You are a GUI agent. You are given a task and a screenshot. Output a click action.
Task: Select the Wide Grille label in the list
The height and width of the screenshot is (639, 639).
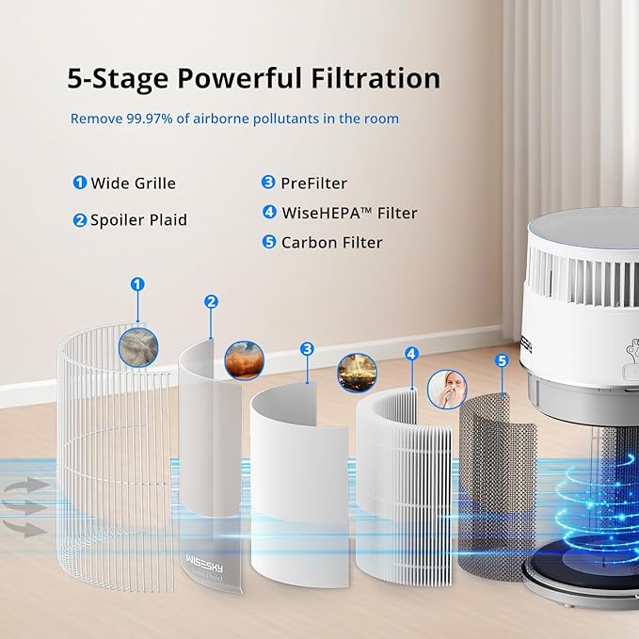(133, 184)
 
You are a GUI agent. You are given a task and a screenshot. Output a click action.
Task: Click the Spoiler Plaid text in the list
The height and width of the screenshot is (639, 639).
(138, 220)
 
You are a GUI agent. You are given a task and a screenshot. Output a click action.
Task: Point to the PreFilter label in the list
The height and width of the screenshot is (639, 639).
(313, 184)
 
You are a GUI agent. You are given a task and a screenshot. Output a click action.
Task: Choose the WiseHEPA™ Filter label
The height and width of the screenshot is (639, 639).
(349, 213)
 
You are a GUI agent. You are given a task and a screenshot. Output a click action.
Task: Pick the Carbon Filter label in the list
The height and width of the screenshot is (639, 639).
(331, 243)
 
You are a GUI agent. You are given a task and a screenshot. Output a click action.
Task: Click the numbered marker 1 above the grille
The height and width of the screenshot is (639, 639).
(138, 283)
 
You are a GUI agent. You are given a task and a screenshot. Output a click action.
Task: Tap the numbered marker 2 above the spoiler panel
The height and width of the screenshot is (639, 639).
(211, 301)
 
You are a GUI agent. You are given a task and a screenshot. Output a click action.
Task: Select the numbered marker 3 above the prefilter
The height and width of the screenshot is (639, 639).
(307, 349)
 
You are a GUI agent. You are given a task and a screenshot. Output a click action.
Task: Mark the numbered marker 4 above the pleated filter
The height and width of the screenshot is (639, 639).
(411, 354)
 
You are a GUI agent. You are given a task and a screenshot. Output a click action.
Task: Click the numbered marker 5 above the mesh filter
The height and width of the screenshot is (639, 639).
(501, 360)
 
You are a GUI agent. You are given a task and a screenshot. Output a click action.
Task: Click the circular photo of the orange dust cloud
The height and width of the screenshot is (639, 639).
(242, 360)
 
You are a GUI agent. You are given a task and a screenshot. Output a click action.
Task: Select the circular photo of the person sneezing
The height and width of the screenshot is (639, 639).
(447, 387)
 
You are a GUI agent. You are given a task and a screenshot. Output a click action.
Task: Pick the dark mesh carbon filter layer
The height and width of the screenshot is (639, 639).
(490, 471)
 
